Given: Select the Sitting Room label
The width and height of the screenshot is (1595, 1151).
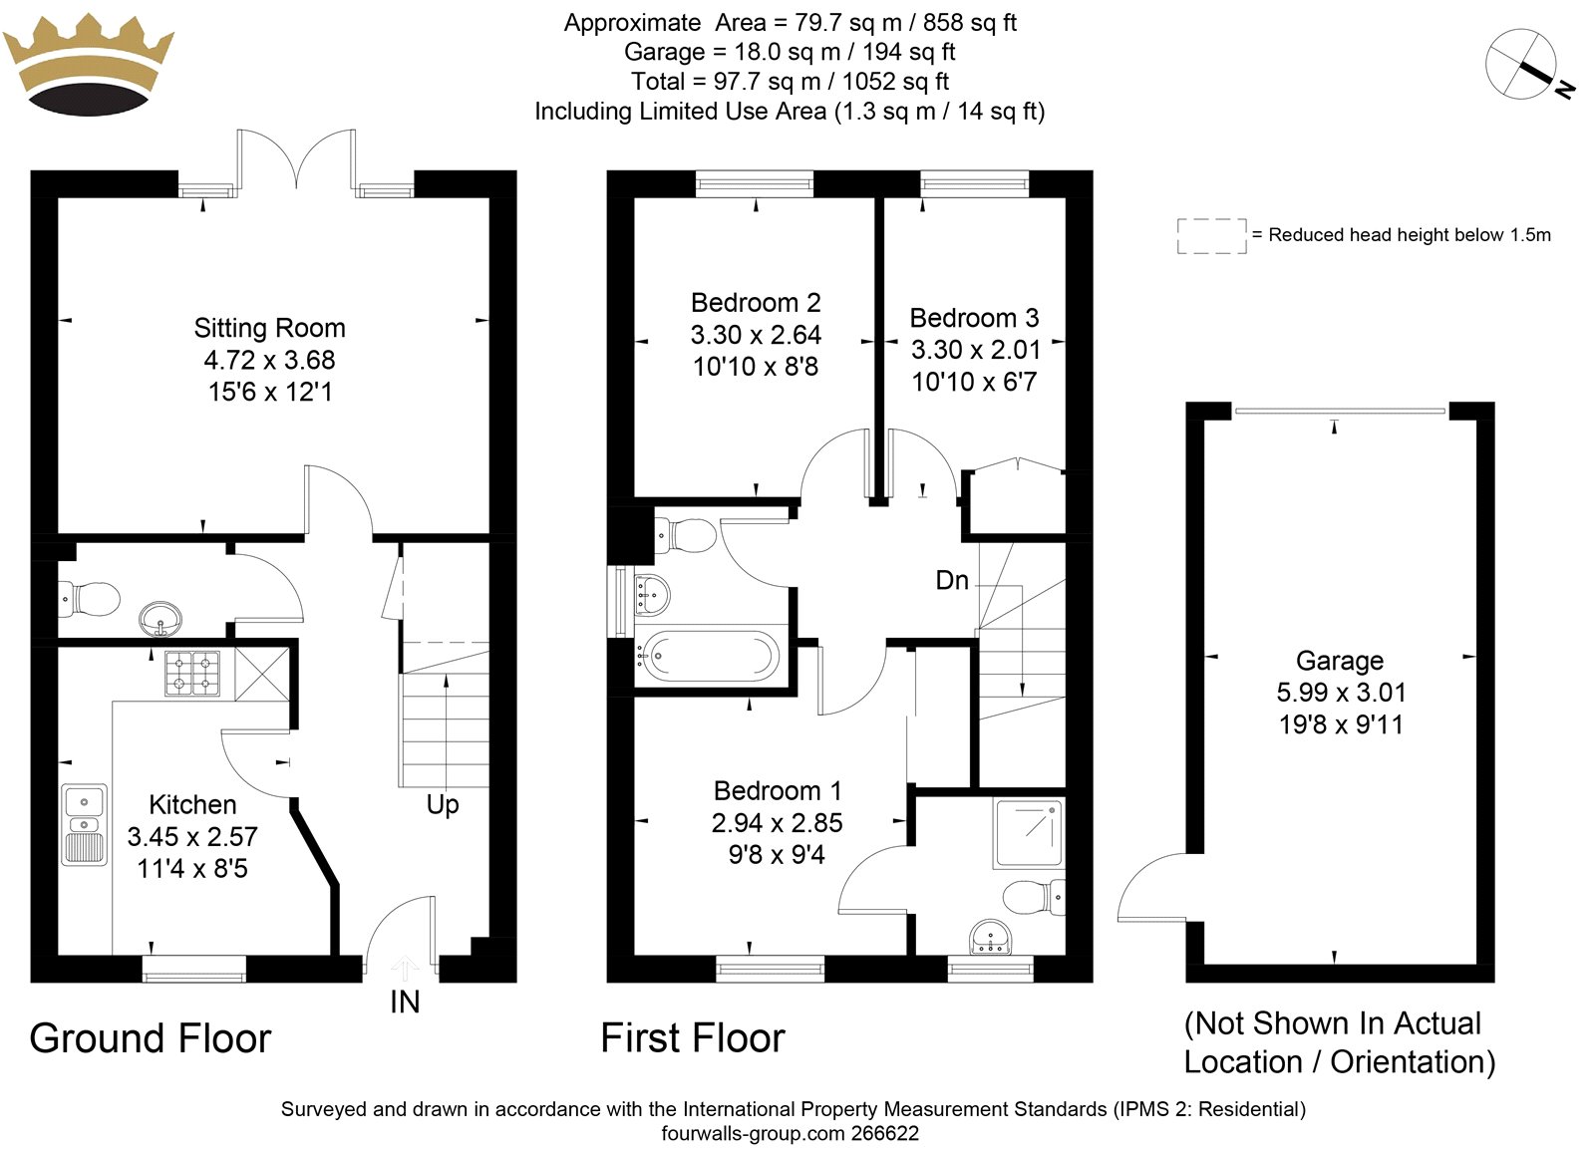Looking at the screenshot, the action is [270, 328].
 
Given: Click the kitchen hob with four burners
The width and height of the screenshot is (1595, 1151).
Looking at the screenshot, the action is [192, 674].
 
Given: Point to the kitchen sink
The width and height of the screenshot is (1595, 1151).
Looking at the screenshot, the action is [85, 825].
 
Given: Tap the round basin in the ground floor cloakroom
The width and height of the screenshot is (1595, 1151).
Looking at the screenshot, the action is [160, 619].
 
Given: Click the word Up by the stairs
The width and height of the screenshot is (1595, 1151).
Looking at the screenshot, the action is [443, 805].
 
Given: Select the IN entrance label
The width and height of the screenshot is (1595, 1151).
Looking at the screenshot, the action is [405, 1003].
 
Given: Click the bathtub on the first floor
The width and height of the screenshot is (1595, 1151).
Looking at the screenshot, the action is [707, 657].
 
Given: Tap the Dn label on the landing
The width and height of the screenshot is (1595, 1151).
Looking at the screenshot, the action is [952, 581].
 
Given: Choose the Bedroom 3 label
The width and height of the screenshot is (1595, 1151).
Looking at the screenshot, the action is [974, 318].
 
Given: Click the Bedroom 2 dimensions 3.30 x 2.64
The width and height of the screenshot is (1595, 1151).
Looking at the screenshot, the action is [756, 335].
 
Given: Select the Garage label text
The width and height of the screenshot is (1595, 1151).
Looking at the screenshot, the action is [1340, 662].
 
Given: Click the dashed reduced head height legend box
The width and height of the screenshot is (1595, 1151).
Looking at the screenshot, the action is [1212, 236].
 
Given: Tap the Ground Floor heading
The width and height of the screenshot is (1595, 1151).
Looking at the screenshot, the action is [151, 1038].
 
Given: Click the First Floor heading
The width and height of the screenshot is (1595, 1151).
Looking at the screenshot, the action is [693, 1037].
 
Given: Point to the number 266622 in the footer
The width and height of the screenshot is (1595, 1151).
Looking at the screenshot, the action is [884, 1133].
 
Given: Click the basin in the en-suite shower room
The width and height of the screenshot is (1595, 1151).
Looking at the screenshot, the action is [991, 938].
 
